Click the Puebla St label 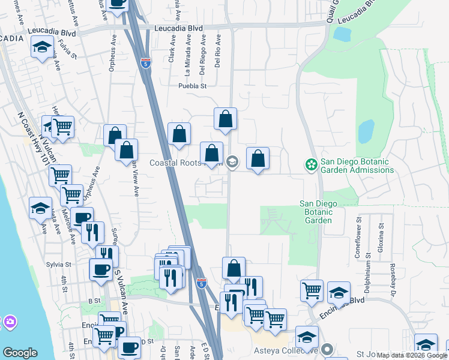pyautogui.click(x=192, y=86)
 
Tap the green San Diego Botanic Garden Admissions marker pyautogui.click(x=311, y=164)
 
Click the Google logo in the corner pyautogui.click(x=20, y=353)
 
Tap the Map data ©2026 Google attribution pyautogui.click(x=412, y=356)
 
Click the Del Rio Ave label pyautogui.click(x=218, y=50)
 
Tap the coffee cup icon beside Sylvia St pyautogui.click(x=100, y=268)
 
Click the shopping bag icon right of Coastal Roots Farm pyautogui.click(x=258, y=159)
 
